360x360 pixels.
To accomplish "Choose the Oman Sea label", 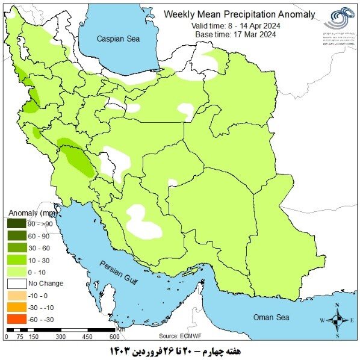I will click(x=271, y=317).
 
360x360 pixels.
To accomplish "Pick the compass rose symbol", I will click(x=338, y=320).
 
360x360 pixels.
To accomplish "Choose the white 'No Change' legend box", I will click(x=16, y=283).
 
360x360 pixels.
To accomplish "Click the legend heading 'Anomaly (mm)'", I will click(x=33, y=212).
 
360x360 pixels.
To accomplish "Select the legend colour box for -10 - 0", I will click(x=16, y=295).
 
